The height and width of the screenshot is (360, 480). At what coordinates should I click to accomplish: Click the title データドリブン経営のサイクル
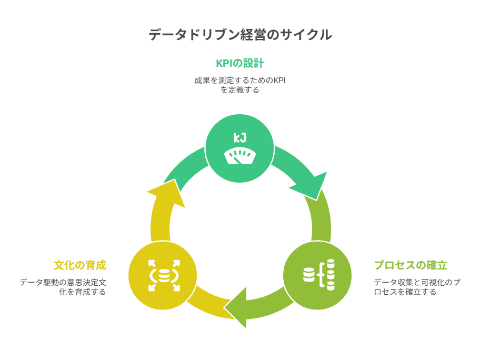pos(240,35)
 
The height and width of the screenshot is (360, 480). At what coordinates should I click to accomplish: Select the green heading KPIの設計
pos(240,64)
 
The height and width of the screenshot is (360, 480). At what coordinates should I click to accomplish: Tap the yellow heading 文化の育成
pos(80,265)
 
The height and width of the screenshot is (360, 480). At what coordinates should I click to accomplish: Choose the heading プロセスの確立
pos(411,265)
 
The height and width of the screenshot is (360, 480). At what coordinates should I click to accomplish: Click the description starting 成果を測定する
pos(240,81)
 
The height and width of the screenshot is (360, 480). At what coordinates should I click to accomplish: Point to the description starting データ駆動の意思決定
pos(63,287)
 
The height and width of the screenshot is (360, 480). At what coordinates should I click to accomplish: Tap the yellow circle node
pos(162,275)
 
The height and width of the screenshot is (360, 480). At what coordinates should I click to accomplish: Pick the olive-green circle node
pos(317,275)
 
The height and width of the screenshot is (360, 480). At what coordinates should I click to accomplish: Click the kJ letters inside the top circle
pos(240,138)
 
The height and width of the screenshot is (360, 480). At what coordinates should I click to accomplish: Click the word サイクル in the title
pos(311,35)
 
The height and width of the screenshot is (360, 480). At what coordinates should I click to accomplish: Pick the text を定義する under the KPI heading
pos(240,90)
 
